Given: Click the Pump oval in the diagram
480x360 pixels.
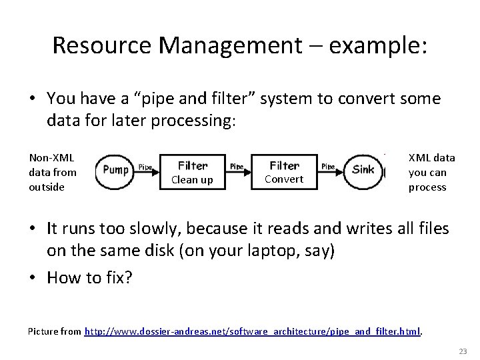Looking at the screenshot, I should (115, 170).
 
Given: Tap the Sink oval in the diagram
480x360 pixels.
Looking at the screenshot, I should (363, 170).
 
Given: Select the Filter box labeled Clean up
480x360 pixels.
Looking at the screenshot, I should (193, 171).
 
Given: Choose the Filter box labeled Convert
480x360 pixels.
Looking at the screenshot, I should (284, 171).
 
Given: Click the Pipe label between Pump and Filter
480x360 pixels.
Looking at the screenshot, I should (145, 167).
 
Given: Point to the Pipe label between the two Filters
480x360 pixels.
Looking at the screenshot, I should (237, 167).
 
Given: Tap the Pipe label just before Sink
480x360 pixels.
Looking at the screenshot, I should (328, 167).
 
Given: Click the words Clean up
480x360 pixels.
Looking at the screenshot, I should (192, 180).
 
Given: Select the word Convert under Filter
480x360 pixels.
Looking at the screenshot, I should (284, 179).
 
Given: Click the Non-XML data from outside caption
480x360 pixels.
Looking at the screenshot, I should (53, 172).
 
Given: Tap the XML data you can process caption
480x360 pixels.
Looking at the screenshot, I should (431, 172).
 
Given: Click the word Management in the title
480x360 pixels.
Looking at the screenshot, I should (230, 46).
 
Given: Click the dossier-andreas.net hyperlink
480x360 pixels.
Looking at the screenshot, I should (253, 331).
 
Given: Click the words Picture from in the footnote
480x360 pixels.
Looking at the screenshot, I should (55, 331).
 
